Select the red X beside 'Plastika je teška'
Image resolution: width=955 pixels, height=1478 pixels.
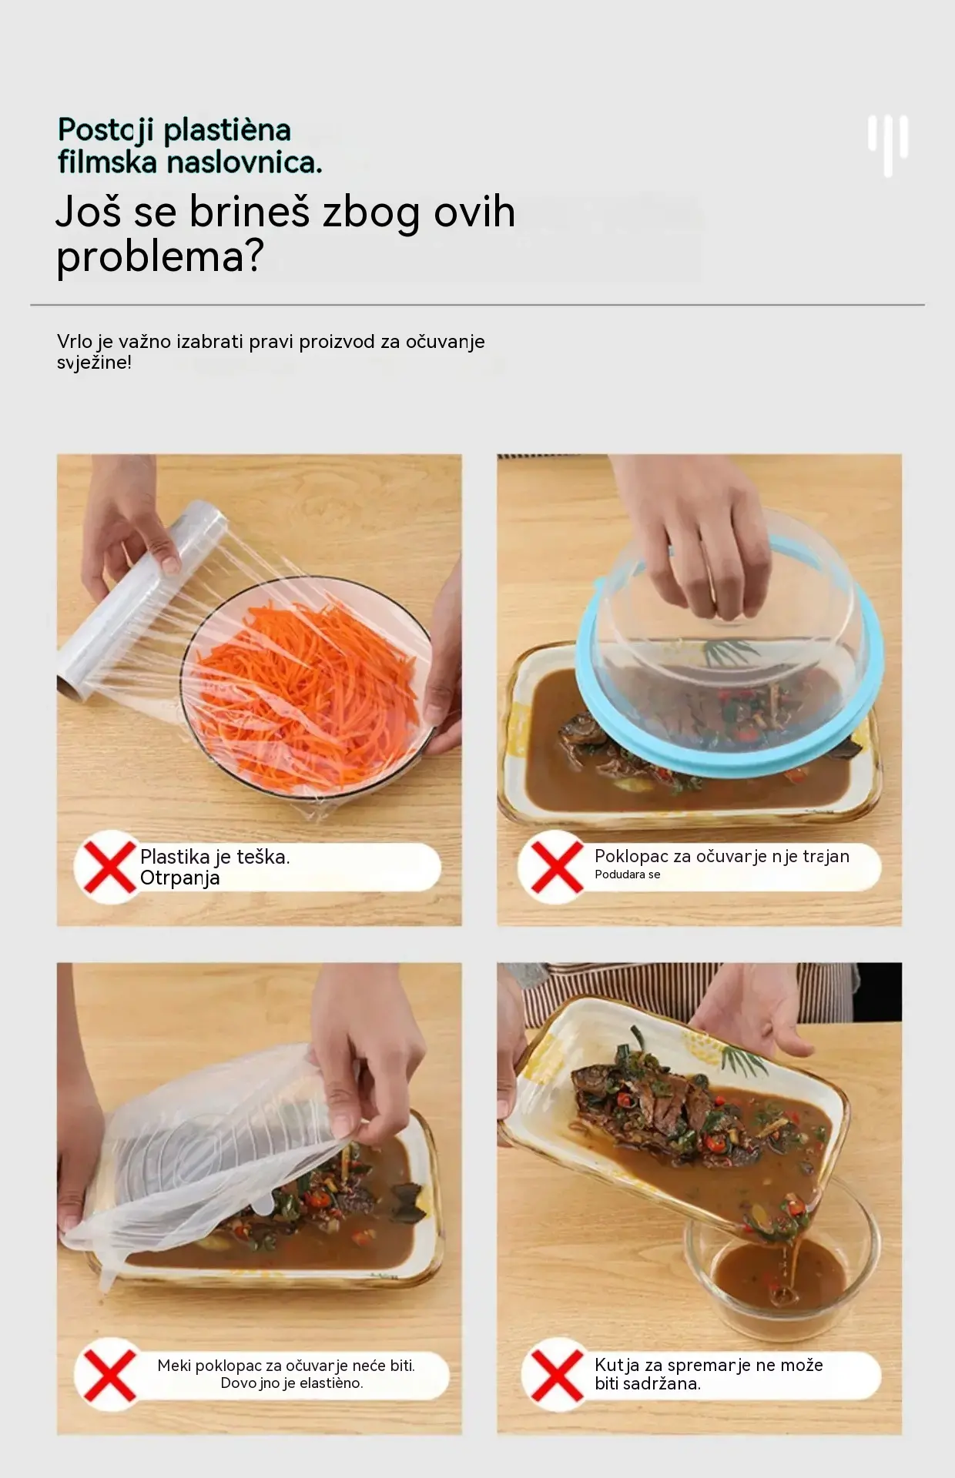(109, 867)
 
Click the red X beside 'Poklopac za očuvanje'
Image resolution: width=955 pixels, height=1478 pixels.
(552, 867)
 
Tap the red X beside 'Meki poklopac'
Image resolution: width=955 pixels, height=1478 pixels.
(109, 1375)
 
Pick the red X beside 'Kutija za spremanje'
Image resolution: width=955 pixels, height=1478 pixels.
(556, 1375)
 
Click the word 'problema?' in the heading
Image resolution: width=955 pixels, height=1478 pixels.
(160, 257)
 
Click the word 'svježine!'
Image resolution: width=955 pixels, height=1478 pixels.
(94, 363)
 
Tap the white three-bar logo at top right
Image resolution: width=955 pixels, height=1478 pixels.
(888, 145)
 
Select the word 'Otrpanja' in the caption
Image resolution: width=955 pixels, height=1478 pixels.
(180, 878)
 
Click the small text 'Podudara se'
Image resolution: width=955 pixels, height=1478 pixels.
(628, 874)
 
